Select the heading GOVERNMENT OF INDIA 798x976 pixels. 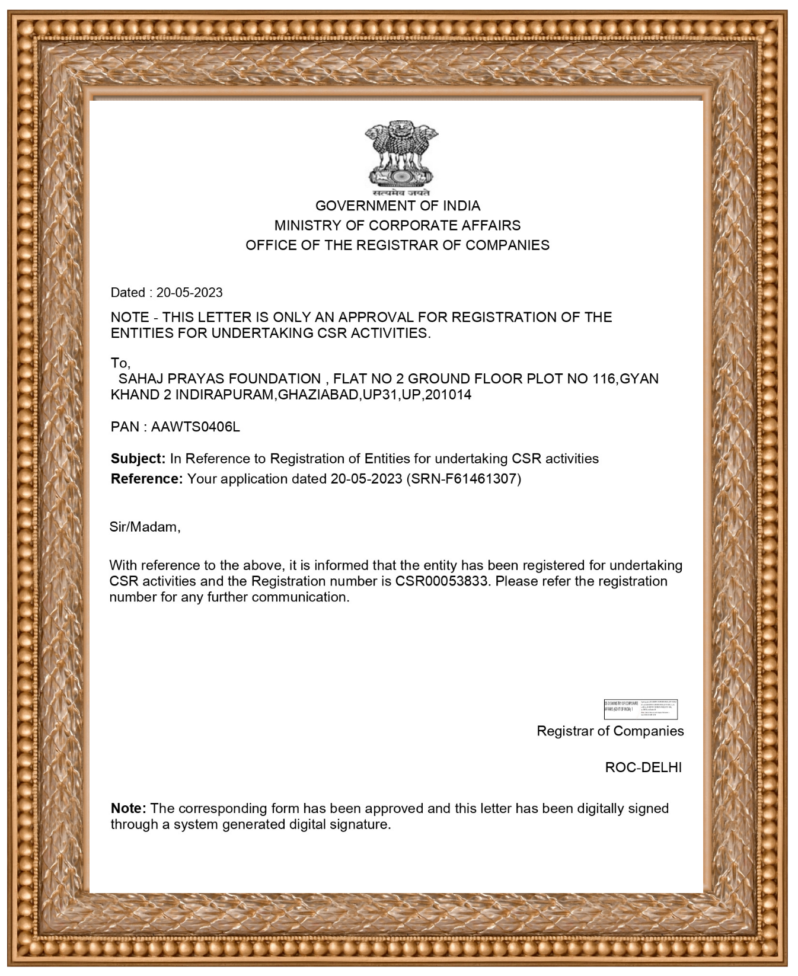point(398,206)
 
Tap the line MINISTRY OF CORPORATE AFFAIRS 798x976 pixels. point(397,225)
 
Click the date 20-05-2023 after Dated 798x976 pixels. point(190,292)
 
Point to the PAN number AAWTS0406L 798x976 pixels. point(196,427)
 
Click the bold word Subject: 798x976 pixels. point(138,459)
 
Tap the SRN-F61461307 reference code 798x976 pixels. point(464,479)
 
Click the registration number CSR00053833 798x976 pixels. point(443,581)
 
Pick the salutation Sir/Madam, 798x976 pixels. point(145,527)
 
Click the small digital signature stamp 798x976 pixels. point(640,709)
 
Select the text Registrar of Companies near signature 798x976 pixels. point(610,731)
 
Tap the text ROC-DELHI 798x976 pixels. point(643,767)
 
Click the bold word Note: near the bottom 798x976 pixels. point(129,808)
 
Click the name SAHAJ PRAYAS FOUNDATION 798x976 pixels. point(220,379)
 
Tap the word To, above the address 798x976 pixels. point(120,363)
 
